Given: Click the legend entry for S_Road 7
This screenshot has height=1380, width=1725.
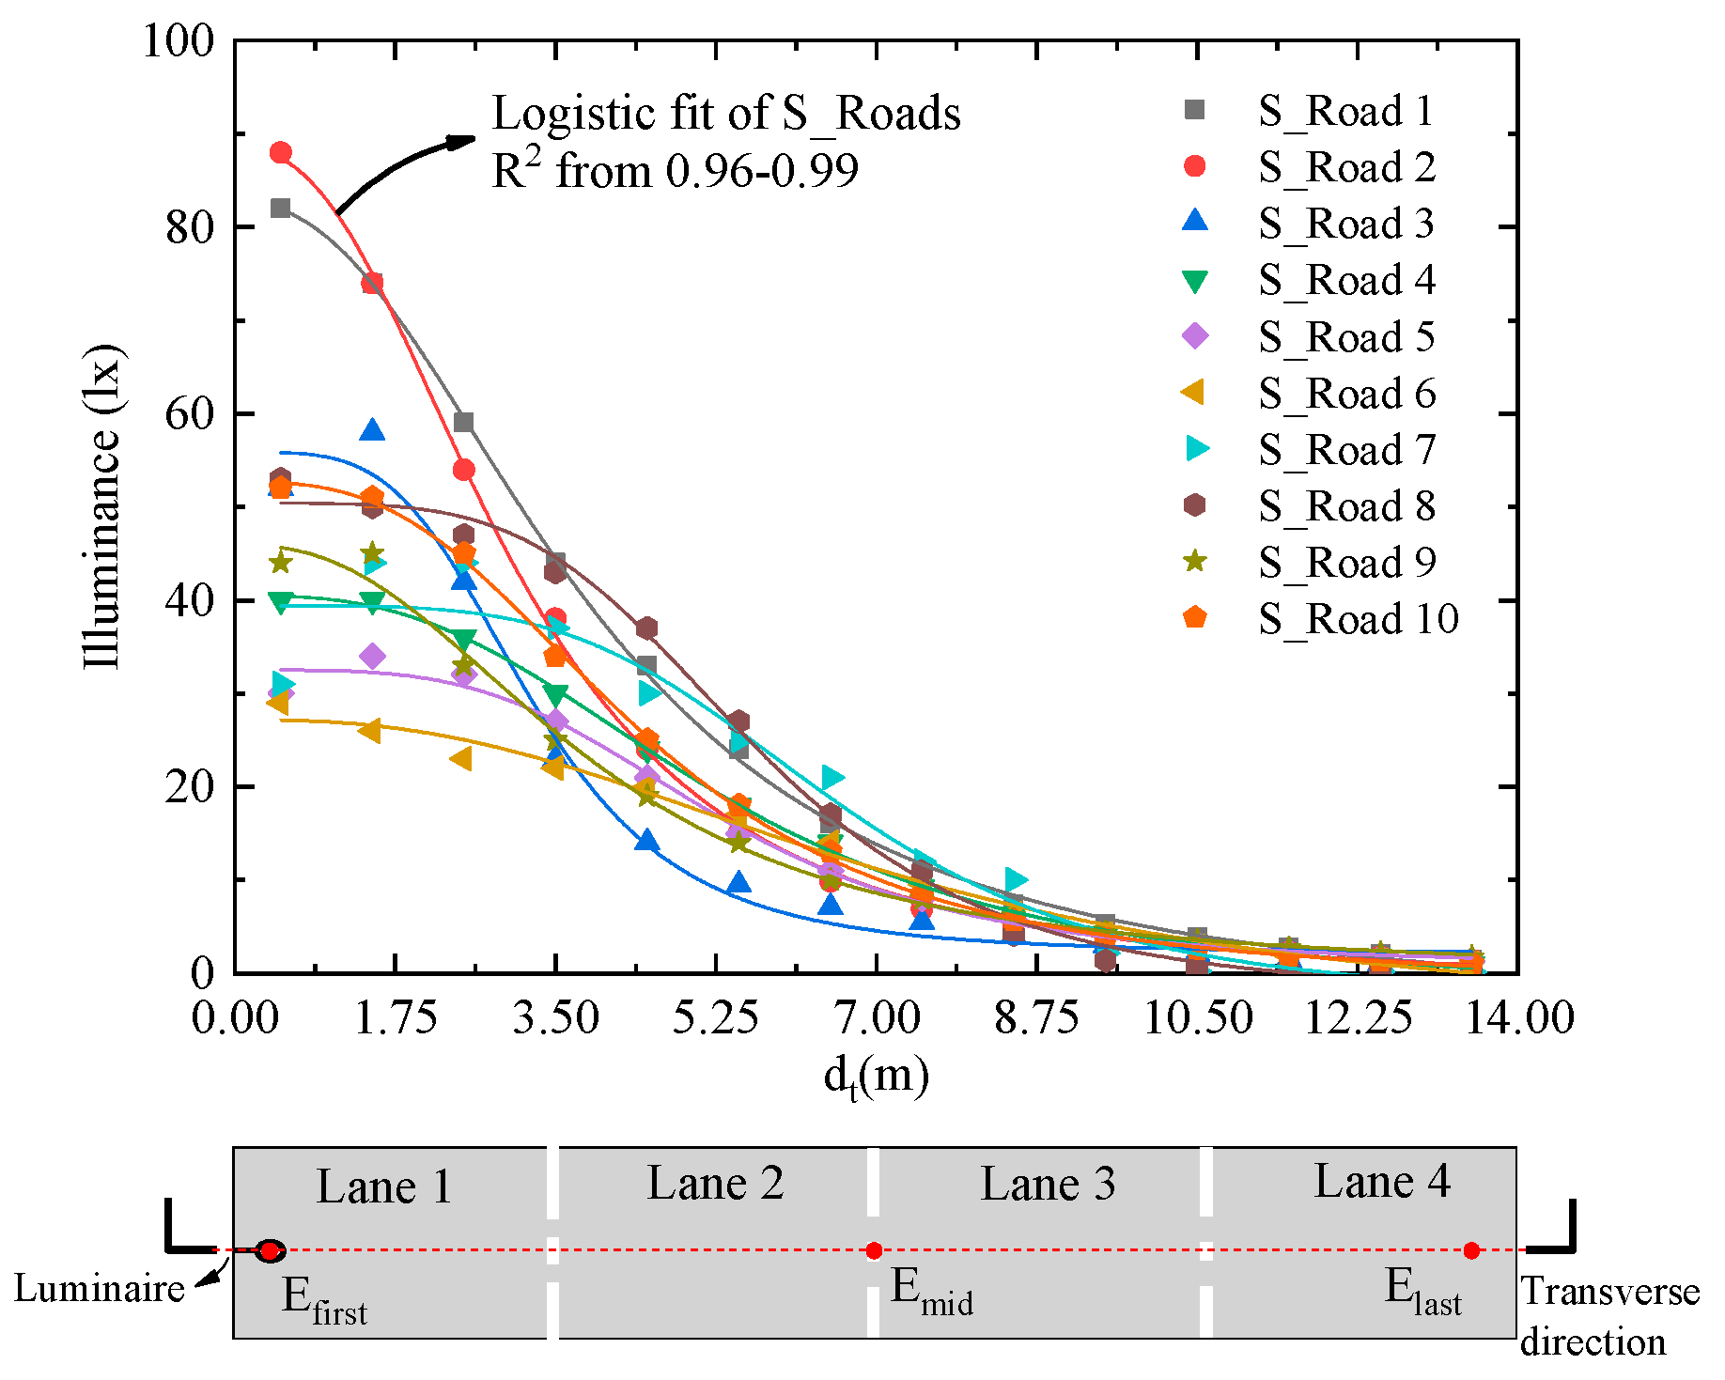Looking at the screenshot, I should click(x=1346, y=450).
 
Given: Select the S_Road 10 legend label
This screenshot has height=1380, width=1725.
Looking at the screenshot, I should click(x=1358, y=619).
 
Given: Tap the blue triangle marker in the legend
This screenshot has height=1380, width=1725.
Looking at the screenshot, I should click(x=1195, y=222).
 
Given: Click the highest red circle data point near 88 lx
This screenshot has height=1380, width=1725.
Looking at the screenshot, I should click(x=280, y=152).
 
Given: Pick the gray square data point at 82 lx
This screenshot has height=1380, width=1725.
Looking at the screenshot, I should click(x=280, y=208).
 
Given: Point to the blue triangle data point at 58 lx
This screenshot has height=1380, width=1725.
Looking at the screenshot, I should click(x=372, y=431).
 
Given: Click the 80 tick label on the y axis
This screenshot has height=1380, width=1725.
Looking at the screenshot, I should click(x=190, y=227).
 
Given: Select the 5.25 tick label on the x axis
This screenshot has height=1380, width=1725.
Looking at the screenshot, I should click(x=715, y=1018).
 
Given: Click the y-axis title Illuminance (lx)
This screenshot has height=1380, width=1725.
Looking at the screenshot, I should click(x=102, y=507).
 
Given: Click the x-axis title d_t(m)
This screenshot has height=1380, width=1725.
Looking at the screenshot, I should click(x=876, y=1076).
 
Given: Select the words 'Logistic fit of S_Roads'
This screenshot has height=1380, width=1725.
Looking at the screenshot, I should click(x=725, y=114).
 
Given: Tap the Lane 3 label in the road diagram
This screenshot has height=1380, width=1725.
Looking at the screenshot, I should click(x=1048, y=1184).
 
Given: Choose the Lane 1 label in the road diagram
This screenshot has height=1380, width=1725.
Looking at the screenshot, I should click(x=383, y=1186).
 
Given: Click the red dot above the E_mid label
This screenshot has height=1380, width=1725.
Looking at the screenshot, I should click(x=874, y=1250).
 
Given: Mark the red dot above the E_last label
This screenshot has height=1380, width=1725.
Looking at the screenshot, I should click(x=1471, y=1250).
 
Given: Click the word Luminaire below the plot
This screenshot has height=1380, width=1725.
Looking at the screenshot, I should click(x=99, y=1289).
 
